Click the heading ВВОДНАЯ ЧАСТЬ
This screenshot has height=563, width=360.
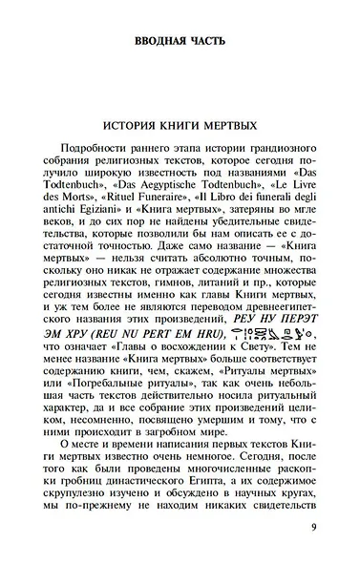pyautogui.click(x=180, y=41)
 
